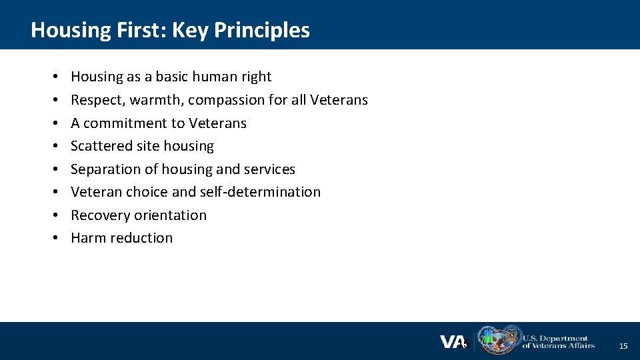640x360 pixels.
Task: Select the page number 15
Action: [623, 345]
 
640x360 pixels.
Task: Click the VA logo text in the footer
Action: [453, 342]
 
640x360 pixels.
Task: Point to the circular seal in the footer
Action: [509, 341]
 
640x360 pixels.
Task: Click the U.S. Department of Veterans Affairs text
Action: [558, 341]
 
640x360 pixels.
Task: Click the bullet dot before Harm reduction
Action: [53, 238]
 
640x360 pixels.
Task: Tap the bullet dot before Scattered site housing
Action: [53, 146]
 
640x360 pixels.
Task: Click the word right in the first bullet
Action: [256, 77]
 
